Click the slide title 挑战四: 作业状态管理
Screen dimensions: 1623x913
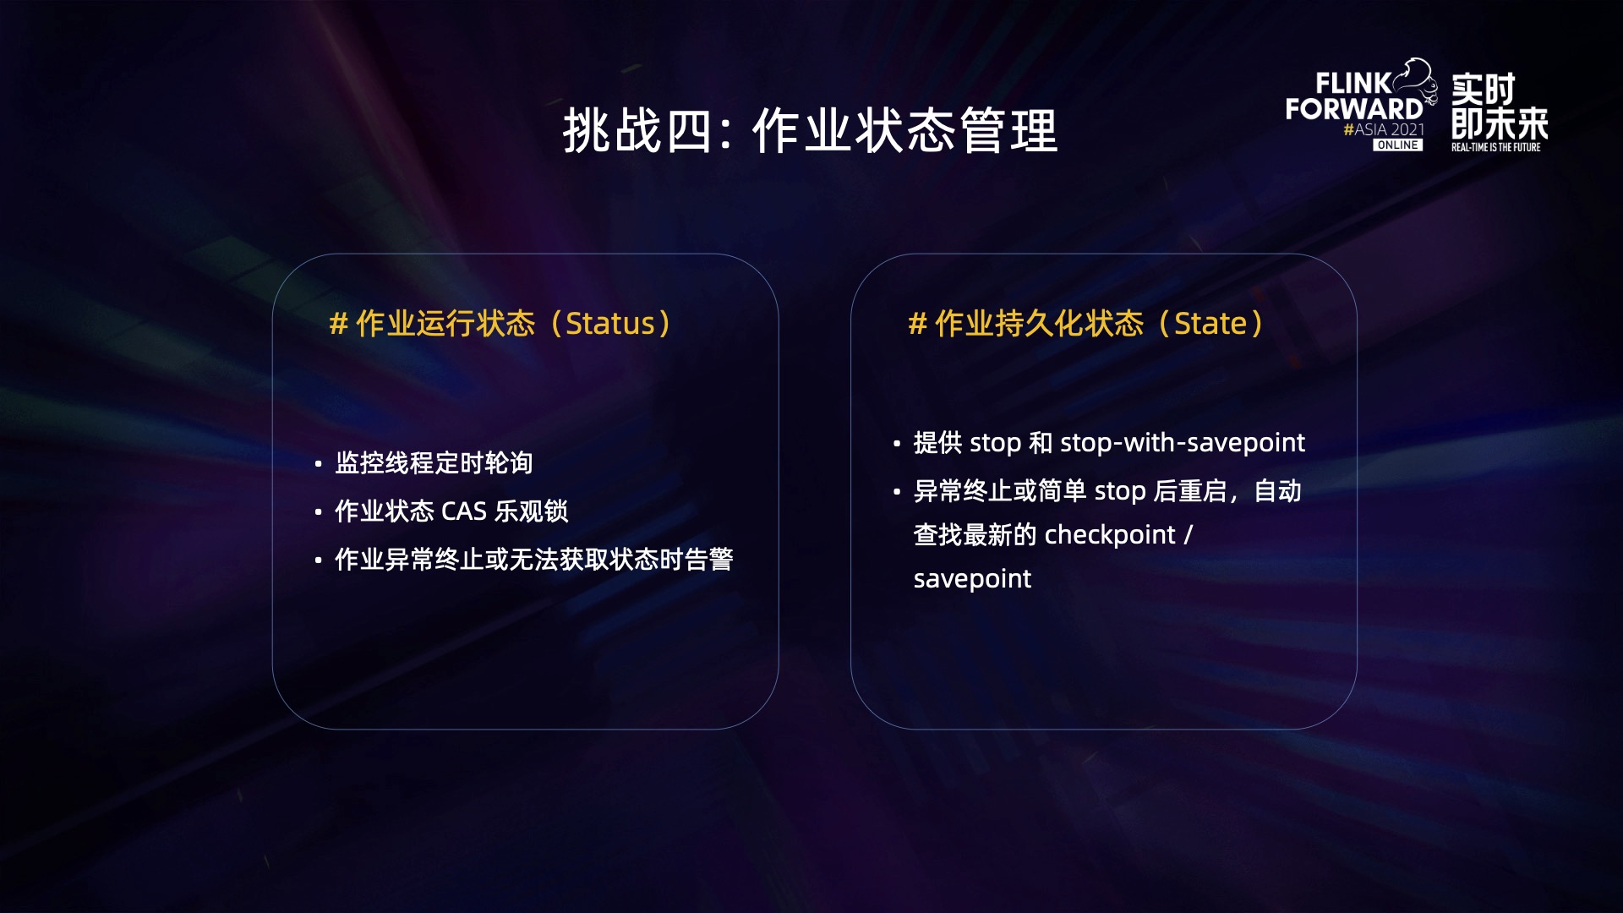(x=811, y=131)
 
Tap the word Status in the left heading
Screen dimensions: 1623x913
(x=610, y=324)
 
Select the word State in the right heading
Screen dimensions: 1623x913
(x=1210, y=324)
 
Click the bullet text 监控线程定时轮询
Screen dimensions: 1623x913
(x=434, y=462)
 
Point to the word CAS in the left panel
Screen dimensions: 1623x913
(x=464, y=511)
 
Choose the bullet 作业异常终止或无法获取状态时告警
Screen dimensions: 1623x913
(x=533, y=559)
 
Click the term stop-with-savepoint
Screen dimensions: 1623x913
(x=1183, y=443)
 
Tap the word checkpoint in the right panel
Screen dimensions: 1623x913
(x=1110, y=535)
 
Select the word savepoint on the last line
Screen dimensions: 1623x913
(x=972, y=580)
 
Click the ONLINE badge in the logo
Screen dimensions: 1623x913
(x=1397, y=145)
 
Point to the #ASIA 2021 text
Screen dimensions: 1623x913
(x=1384, y=129)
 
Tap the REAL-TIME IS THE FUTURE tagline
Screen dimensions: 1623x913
(x=1495, y=147)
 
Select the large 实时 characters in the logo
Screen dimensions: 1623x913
(x=1484, y=89)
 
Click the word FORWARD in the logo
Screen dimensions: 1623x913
(x=1354, y=109)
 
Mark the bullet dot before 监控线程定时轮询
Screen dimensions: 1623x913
(x=318, y=464)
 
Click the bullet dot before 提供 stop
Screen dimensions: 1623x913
(x=897, y=443)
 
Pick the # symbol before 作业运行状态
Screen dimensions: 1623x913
(x=338, y=324)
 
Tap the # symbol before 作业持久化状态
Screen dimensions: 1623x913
(x=917, y=324)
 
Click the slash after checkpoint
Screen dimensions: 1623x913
(x=1188, y=535)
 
